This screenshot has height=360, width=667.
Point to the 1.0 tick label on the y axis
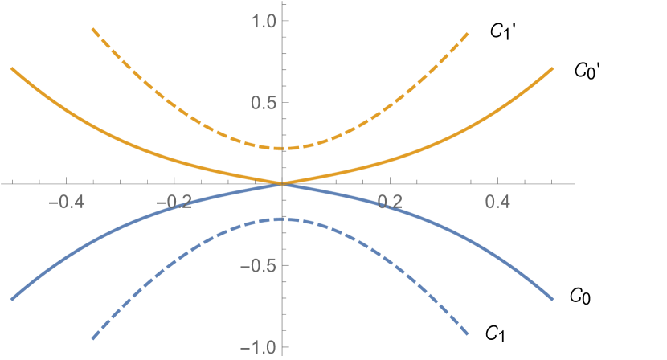pyautogui.click(x=259, y=21)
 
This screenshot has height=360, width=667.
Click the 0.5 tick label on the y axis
pyautogui.click(x=259, y=103)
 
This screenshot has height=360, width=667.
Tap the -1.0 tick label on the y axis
pyautogui.click(x=255, y=347)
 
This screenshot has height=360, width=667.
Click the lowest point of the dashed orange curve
pyautogui.click(x=283, y=149)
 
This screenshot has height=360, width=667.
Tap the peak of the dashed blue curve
pyautogui.click(x=283, y=219)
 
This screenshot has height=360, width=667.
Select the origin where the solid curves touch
pyautogui.click(x=283, y=184)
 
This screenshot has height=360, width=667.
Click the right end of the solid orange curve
pyautogui.click(x=554, y=69)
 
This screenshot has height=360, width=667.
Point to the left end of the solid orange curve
pyautogui.click(x=11, y=69)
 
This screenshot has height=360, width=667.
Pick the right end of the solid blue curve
pyautogui.click(x=554, y=299)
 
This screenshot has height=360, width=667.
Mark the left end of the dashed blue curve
pyautogui.click(x=92, y=338)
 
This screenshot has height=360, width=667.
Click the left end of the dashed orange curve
pyautogui.click(x=92, y=30)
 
